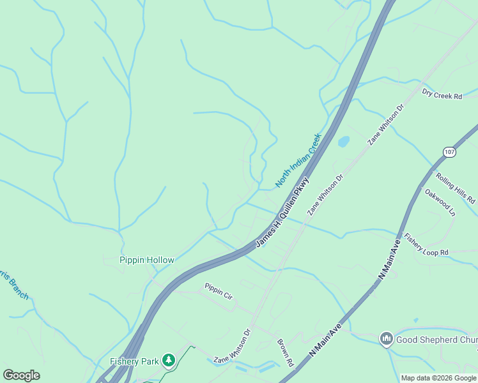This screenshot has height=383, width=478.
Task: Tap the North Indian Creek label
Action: coord(297,160)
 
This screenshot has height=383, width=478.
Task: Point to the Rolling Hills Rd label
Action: coord(456,188)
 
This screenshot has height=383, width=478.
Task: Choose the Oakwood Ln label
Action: coord(440,201)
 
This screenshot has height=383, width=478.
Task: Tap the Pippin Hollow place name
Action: coord(146,260)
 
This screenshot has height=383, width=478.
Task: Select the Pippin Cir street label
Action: coord(219,290)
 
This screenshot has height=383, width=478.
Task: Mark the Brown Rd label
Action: coord(285,353)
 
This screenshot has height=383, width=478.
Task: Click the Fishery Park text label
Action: coord(134,361)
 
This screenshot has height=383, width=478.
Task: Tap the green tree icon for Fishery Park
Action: coord(168,361)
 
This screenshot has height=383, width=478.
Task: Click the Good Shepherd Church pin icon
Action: coord(386,338)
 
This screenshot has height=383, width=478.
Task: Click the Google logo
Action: coord(21,375)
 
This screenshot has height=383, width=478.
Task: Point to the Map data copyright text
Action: coord(438,378)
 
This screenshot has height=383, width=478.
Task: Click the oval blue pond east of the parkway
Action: coord(343,141)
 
